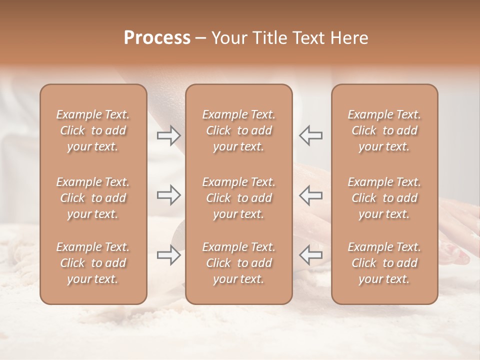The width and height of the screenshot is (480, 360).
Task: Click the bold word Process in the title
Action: [x=157, y=37]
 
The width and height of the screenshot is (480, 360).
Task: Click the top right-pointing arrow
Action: [x=168, y=135]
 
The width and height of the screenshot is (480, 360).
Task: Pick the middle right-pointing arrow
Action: [x=168, y=195]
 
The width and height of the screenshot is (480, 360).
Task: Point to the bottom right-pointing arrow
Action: [x=168, y=255]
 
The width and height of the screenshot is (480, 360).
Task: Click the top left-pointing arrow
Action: [x=310, y=135]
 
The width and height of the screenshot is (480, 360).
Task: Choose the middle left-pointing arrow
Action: [x=310, y=195]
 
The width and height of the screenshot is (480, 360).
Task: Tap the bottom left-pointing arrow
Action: [x=310, y=255]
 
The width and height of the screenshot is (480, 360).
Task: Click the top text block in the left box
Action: [x=93, y=130]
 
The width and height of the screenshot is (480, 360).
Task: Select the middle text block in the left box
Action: [x=93, y=198]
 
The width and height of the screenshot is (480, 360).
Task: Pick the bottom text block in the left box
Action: [x=93, y=263]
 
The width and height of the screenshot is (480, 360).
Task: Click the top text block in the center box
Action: [x=239, y=130]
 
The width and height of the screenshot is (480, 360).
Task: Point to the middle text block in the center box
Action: [x=239, y=198]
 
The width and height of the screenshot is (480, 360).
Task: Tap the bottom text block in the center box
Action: [x=239, y=263]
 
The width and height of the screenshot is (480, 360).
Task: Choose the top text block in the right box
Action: [x=384, y=130]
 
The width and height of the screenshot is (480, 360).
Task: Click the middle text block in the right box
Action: [x=384, y=198]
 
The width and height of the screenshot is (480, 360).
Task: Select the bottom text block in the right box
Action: [x=384, y=263]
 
